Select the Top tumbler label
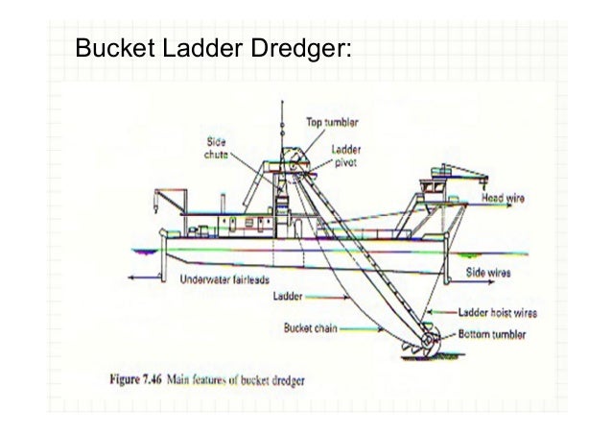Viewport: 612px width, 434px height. (x=331, y=123)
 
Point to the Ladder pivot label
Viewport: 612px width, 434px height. (x=347, y=156)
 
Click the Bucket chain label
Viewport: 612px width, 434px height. (x=309, y=326)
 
